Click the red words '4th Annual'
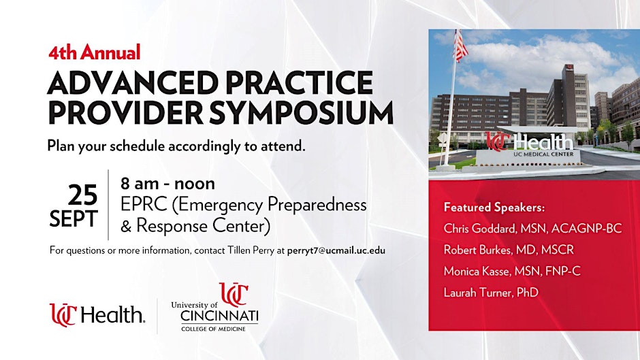pos(94,52)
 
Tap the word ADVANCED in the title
pos(133,82)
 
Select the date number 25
pos(82,195)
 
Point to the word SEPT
pos(74,218)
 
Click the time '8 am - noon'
pos(167,184)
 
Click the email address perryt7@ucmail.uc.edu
pos(336,250)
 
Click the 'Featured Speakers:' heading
pos(494,208)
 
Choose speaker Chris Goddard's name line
pos(532,229)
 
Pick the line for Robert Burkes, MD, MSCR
pos(509,250)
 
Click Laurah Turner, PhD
pos(491,292)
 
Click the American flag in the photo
pos(460,46)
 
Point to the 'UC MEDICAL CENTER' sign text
pos(543,154)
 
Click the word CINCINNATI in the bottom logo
pos(219,316)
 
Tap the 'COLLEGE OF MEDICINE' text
pos(214,329)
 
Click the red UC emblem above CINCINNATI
pos(234,294)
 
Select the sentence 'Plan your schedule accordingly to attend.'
pos(176,146)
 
